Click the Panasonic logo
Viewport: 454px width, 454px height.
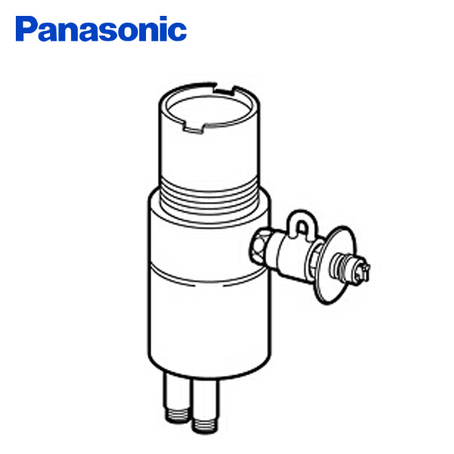101,30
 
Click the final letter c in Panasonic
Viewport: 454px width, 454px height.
177,33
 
